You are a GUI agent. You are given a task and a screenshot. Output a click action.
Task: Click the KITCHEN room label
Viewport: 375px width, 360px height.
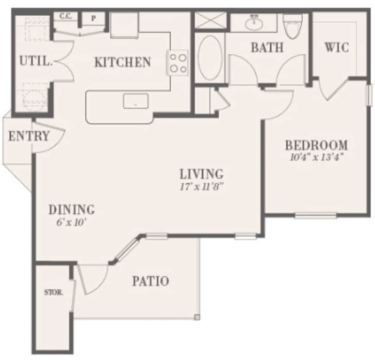pos(122,62)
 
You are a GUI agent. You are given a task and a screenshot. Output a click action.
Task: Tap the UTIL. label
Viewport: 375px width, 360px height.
pos(36,61)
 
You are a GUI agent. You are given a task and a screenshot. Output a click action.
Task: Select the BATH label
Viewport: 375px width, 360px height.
pos(267,48)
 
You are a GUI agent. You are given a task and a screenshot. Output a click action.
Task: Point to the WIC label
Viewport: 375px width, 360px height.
pos(336,48)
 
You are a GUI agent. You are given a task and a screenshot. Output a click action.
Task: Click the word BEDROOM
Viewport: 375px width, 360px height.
pos(316,145)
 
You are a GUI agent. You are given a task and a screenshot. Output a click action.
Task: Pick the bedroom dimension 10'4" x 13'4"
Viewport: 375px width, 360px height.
pos(316,156)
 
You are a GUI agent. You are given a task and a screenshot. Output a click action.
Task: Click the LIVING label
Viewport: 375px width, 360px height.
pos(201,174)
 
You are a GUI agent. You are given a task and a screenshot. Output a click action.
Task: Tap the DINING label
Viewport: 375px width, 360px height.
pos(71,210)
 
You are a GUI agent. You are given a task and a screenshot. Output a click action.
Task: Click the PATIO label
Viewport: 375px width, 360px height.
pos(150,281)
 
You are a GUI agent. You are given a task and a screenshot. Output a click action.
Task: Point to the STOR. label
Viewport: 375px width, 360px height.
pos(54,292)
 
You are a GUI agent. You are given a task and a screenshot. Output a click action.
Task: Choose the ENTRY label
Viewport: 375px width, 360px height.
pos(29,137)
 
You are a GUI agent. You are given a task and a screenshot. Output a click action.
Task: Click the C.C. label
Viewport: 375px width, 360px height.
pos(65,17)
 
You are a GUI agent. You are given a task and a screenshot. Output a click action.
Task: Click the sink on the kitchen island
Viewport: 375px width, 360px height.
pos(135,101)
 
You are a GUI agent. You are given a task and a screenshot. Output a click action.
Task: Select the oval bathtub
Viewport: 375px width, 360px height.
pos(210,58)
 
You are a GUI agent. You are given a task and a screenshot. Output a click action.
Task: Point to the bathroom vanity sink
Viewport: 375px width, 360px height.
pos(253,23)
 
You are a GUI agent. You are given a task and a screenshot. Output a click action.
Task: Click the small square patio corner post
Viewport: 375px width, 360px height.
pos(197,317)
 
